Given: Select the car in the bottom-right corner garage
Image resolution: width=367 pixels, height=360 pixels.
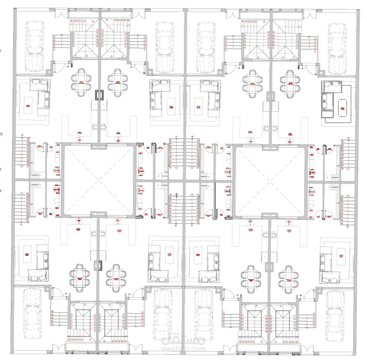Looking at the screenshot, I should [335, 317].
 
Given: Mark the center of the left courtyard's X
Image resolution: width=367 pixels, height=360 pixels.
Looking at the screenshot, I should [98, 180].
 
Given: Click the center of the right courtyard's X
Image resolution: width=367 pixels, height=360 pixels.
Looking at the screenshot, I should [270, 180].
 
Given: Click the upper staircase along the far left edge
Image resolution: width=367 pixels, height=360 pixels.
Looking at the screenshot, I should [20, 153].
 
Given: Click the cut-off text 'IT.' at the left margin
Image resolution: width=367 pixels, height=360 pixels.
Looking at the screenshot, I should [2, 132].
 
